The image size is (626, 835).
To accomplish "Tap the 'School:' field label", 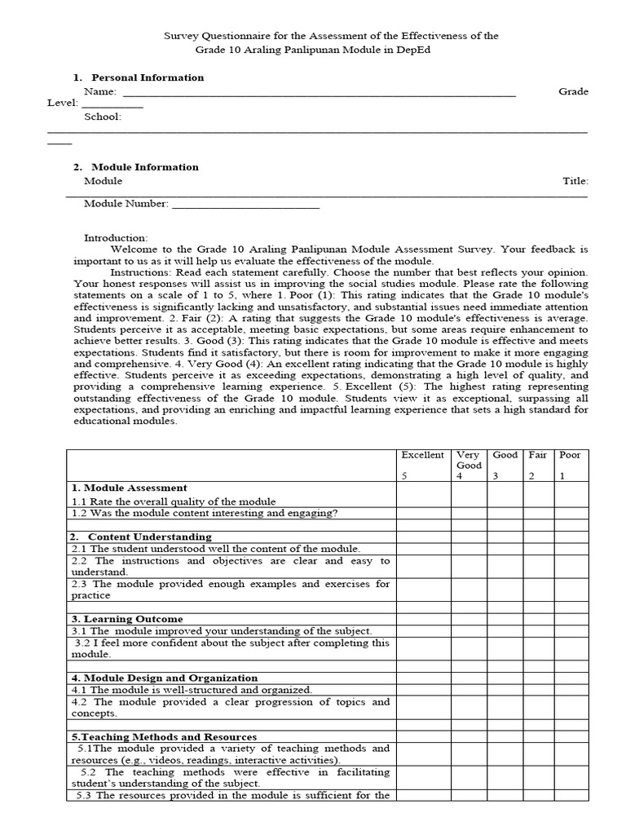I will (x=103, y=117).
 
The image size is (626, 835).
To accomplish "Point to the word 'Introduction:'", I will (x=116, y=237).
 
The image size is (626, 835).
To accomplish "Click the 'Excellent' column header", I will (x=422, y=455).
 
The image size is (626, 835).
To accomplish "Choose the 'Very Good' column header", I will (x=468, y=460).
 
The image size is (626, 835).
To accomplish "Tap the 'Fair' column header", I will (x=537, y=455).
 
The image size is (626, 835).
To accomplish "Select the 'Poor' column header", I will (x=570, y=455).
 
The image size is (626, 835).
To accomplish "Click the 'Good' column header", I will (x=505, y=455).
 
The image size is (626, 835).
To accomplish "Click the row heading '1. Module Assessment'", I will (x=129, y=488).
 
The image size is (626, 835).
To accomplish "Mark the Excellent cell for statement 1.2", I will (x=422, y=513).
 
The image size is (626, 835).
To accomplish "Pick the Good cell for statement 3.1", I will (x=505, y=630).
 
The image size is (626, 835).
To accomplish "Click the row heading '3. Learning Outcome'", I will (x=126, y=619).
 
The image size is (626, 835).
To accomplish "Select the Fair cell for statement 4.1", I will (x=537, y=689).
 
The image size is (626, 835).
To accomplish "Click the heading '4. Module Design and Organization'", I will (x=164, y=678).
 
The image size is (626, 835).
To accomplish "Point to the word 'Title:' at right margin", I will (x=575, y=181).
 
